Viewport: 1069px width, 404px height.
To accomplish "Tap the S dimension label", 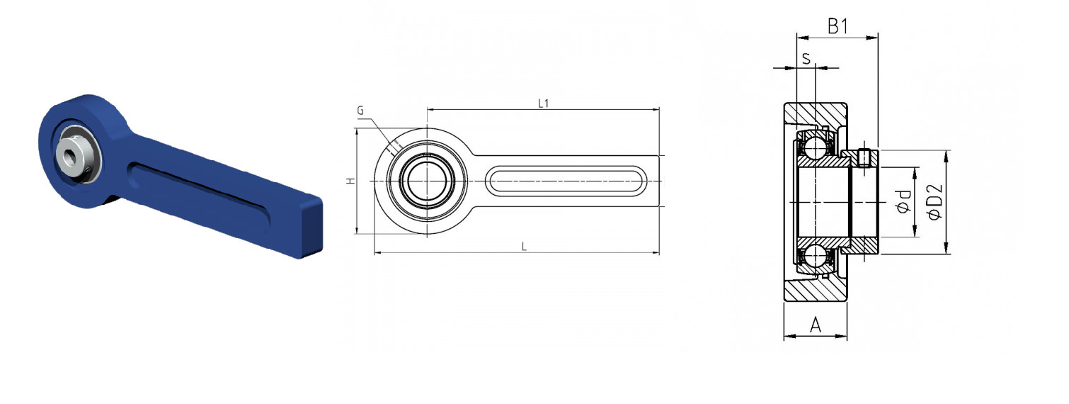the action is click(x=806, y=59).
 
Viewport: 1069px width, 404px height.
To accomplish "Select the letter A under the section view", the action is click(x=816, y=325).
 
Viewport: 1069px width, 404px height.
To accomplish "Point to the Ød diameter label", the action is click(x=903, y=201).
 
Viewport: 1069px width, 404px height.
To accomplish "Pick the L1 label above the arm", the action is click(x=543, y=103).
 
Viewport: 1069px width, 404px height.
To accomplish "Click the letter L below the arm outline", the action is click(x=524, y=247).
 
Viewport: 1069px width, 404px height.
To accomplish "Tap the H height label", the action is click(x=351, y=181).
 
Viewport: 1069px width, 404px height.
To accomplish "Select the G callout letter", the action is click(x=360, y=111).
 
